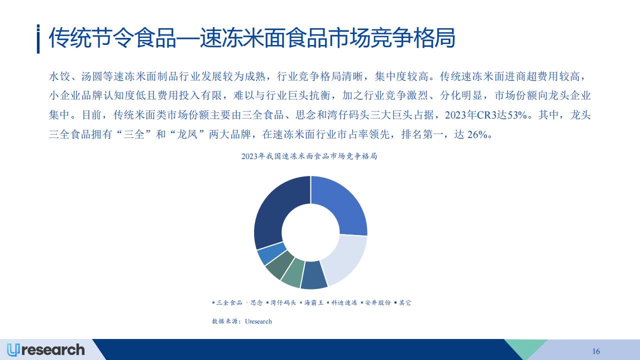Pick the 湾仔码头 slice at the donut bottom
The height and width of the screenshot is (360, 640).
point(313,275)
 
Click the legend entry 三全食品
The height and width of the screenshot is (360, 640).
point(227,302)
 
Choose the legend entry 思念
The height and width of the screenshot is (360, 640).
point(254,302)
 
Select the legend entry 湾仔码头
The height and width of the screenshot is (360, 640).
point(281,302)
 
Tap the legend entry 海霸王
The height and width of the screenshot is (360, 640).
point(311,302)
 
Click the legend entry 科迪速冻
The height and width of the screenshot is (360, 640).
point(342,302)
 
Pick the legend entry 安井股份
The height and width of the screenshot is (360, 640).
point(375,302)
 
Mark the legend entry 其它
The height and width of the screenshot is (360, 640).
point(403,302)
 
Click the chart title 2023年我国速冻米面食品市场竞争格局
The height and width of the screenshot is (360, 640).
point(309,156)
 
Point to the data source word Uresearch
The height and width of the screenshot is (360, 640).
point(258,321)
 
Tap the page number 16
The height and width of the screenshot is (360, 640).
point(596,351)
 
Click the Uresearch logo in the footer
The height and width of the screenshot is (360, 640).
point(45,350)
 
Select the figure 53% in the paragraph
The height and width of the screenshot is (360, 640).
point(517,115)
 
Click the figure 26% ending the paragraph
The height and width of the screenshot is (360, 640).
point(477,134)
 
